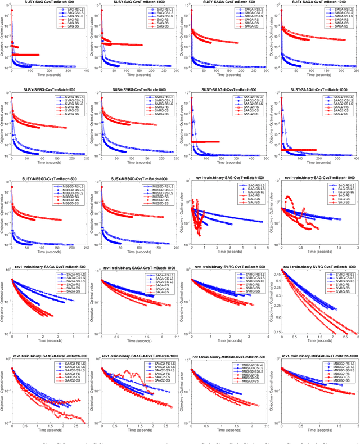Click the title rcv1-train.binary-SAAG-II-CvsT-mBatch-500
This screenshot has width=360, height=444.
[46, 356]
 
